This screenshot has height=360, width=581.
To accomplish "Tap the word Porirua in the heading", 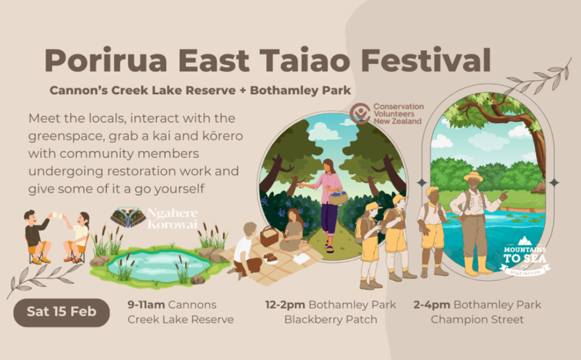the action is pos(106,60).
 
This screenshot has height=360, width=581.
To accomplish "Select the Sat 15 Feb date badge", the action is pos(62,312).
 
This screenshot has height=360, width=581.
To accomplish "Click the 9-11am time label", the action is pos(146,305).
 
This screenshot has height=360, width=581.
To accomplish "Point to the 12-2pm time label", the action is pos(285,305).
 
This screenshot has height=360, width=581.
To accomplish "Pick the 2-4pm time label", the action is pos(432,305).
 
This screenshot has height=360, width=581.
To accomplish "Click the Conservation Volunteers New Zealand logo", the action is pos(386,114).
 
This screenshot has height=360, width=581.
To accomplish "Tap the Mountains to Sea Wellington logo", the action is pos(525,256).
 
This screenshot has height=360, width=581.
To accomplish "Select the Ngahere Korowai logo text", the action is pos(172,218).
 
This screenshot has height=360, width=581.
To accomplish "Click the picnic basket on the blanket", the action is pos(269,236).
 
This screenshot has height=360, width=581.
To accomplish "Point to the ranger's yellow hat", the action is pos(473,176).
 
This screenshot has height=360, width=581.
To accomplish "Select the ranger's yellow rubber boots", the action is pos(478,265).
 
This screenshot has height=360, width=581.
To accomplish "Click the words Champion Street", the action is pos(478,319).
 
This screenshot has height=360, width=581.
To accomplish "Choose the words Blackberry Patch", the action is pos(330,319).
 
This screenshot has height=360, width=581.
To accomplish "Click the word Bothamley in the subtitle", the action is pos(281,90).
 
